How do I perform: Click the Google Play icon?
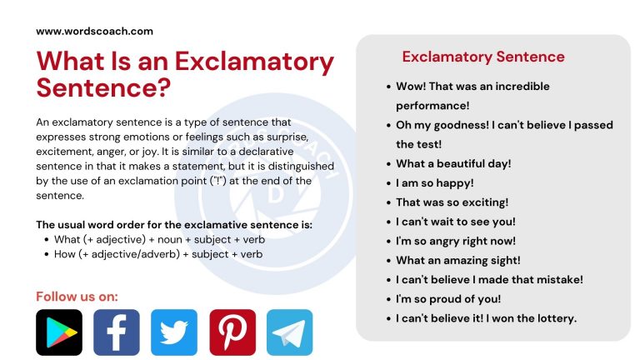[59, 332]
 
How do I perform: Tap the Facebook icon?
[117, 332]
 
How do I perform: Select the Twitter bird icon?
[174, 332]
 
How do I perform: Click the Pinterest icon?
[232, 332]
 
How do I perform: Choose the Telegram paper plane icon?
[290, 332]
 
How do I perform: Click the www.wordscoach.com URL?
[94, 31]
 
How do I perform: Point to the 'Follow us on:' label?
[77, 296]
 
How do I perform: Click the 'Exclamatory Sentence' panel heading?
[483, 57]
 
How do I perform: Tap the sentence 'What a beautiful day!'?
[453, 163]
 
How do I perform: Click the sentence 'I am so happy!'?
[434, 182]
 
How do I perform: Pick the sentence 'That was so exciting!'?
[452, 202]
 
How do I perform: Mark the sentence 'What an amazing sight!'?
[457, 260]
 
